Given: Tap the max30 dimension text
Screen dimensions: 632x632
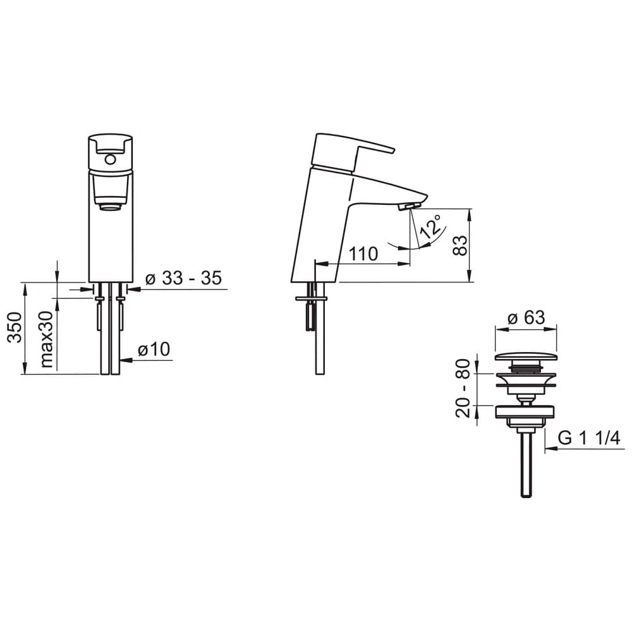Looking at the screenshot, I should (x=46, y=339).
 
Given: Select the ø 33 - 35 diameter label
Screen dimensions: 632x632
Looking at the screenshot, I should (x=183, y=279).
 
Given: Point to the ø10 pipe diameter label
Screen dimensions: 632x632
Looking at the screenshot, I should (x=154, y=349).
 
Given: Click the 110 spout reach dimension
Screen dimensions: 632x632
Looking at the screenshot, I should (x=363, y=254).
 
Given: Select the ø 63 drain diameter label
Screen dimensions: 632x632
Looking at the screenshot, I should (x=526, y=317).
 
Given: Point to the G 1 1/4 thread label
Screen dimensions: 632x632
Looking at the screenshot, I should (x=588, y=438).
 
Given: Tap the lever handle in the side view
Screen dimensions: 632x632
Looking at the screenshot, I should (x=354, y=152).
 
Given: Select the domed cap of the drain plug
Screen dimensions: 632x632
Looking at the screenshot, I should (x=526, y=356).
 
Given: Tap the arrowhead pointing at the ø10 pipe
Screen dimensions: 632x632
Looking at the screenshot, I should (x=125, y=361).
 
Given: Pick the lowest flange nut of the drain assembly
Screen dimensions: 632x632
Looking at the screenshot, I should (x=526, y=411).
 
